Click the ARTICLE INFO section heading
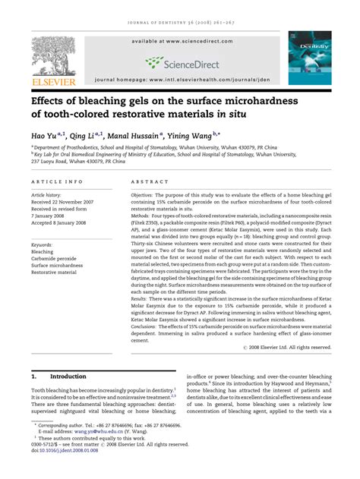pos(58,183)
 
